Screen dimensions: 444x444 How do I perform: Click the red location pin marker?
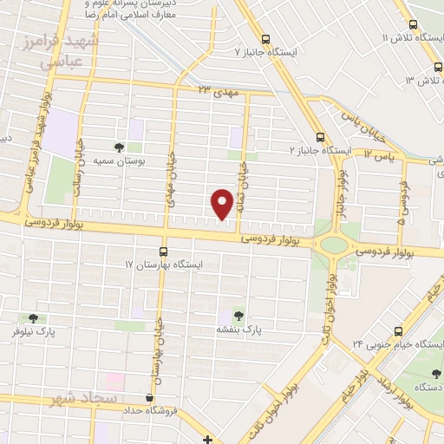(x=223, y=204)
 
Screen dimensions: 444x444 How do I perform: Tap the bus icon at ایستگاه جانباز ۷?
(x=265, y=39)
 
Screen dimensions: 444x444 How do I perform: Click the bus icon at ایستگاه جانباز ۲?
(x=321, y=136)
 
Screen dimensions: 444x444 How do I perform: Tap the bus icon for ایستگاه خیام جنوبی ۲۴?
(x=398, y=330)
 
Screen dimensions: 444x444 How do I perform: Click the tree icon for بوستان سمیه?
(x=120, y=147)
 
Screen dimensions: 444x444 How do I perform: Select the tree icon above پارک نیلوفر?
(x=33, y=319)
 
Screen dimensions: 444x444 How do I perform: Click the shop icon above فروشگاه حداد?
(x=151, y=396)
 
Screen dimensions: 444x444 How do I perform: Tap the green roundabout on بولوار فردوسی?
(x=333, y=245)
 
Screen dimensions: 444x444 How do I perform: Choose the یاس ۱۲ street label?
(x=380, y=153)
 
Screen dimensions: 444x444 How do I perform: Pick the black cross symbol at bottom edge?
(x=207, y=438)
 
